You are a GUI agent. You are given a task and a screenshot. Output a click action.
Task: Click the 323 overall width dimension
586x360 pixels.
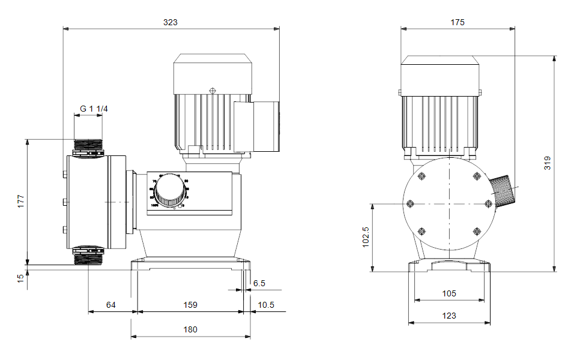tap(171, 22)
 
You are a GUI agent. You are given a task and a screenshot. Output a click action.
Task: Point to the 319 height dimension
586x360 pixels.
tap(547, 163)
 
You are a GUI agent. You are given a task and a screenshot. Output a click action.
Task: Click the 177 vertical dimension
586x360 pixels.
tap(20, 201)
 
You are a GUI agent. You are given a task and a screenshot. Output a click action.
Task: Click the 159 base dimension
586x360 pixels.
tap(190, 305)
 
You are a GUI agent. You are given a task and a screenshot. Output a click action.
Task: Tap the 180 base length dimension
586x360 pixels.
tap(190, 329)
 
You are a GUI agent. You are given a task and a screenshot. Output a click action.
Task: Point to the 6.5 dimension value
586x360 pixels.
tap(259, 283)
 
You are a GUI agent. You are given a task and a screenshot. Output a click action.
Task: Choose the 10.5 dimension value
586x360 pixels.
tap(266, 305)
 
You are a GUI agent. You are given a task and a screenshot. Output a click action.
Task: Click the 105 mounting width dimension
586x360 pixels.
tap(449, 293)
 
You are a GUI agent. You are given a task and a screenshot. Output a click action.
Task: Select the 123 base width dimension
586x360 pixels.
tap(449, 316)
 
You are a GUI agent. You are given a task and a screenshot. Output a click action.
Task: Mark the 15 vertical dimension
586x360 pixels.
tap(20, 278)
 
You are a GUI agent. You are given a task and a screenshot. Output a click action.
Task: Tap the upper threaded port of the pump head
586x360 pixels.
tap(88, 147)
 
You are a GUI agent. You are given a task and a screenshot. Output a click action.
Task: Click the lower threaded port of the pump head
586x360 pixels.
tap(88, 255)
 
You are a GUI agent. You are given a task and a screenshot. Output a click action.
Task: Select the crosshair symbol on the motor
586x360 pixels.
tap(212, 91)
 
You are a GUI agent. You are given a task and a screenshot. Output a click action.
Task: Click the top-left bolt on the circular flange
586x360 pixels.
tap(421, 176)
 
